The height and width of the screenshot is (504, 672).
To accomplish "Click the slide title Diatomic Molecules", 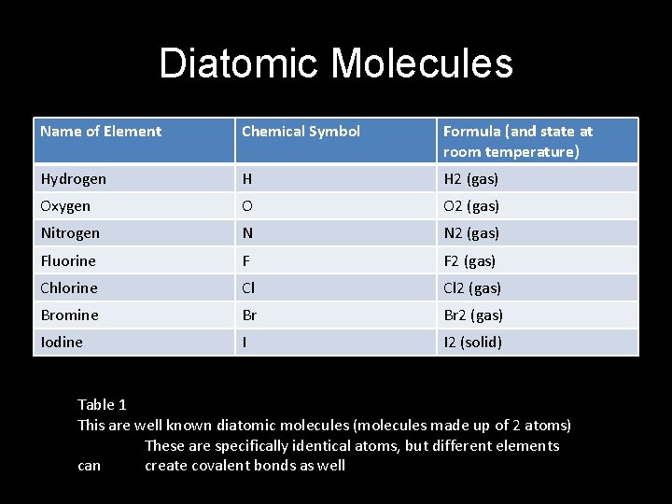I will coord(336,63).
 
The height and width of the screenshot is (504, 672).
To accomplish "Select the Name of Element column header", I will coord(101,132).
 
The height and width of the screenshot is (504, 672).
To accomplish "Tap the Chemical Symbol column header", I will coord(301,132).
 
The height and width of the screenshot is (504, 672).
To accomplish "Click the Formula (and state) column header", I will coord(518,141).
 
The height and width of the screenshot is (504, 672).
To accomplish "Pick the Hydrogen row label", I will coord(74,178).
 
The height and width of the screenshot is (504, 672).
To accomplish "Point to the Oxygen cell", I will coord(66,205).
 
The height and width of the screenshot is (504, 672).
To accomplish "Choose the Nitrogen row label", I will coord(70,232).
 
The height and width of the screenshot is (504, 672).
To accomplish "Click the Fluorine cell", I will coord(68,260).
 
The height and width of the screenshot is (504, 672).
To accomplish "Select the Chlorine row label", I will coord(69,287).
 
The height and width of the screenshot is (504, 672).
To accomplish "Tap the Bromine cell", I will coord(69,315).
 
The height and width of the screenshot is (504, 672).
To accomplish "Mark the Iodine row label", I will coord(62,342).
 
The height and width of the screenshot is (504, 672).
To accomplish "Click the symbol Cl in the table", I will coord(248,287).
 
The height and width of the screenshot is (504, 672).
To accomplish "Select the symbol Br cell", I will coord(249,315).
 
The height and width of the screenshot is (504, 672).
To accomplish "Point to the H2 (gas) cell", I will coord(470,178).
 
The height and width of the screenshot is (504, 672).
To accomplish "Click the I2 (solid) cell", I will coord(472,342).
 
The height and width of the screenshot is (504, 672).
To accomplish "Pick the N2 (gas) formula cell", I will coord(471,232).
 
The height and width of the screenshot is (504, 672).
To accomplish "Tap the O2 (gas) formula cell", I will coord(471,205).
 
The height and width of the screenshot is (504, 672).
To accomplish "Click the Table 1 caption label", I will coord(102,404).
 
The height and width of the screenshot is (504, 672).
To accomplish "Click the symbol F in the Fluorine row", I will coord(245,260).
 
